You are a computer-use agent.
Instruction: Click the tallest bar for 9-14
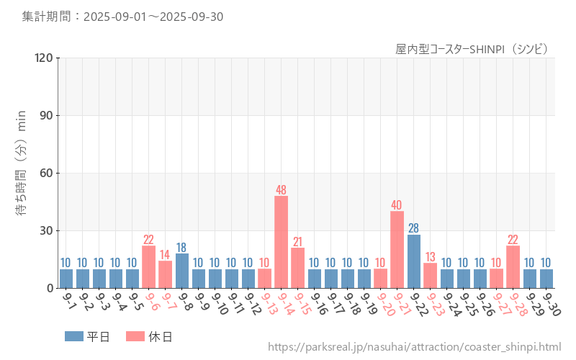click(x=281, y=242)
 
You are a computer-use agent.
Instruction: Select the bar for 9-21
click(x=397, y=249)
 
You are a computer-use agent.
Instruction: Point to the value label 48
click(x=281, y=190)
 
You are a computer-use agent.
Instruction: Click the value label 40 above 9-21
click(x=397, y=205)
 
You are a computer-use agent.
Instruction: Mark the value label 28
click(x=413, y=228)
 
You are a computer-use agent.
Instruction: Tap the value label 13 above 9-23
click(x=430, y=257)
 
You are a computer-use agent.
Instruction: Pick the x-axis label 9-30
click(x=551, y=305)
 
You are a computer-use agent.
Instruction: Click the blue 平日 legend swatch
click(x=73, y=336)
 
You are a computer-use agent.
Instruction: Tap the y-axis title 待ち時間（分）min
click(x=22, y=173)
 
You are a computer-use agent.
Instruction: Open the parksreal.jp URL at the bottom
click(x=414, y=348)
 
